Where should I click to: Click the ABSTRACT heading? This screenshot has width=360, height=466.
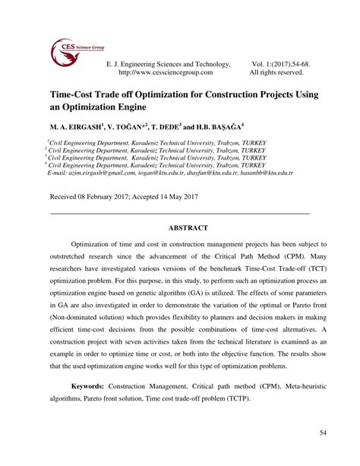(179, 227)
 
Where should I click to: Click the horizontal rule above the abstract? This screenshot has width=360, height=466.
(179, 212)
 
